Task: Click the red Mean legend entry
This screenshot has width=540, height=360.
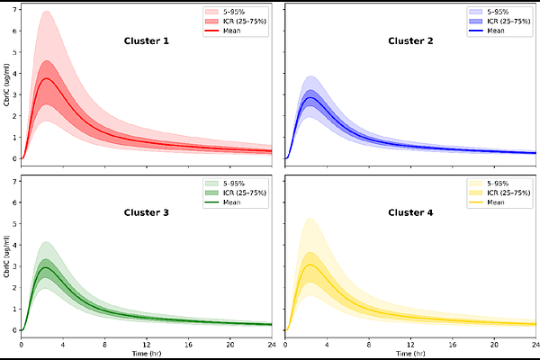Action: pos(234,31)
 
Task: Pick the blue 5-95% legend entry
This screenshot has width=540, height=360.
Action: pos(499,11)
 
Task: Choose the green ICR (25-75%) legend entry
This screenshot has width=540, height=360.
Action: pos(241,192)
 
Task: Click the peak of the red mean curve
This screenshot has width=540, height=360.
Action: pos(47,78)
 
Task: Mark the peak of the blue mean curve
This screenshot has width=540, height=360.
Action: pos(311,97)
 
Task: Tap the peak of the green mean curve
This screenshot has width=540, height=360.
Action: pos(47,267)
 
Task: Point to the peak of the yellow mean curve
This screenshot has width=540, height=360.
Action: pos(311,265)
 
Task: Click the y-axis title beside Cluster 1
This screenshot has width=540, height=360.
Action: pos(7,86)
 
